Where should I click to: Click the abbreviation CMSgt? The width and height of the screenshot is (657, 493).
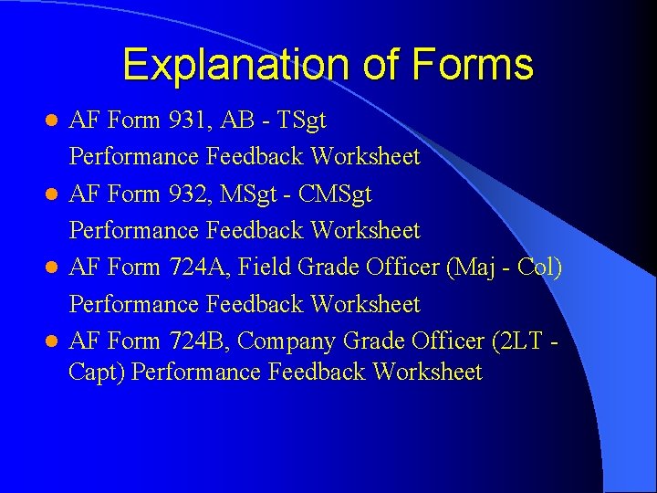tap(335, 194)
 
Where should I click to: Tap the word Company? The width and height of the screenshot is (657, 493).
tap(286, 341)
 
